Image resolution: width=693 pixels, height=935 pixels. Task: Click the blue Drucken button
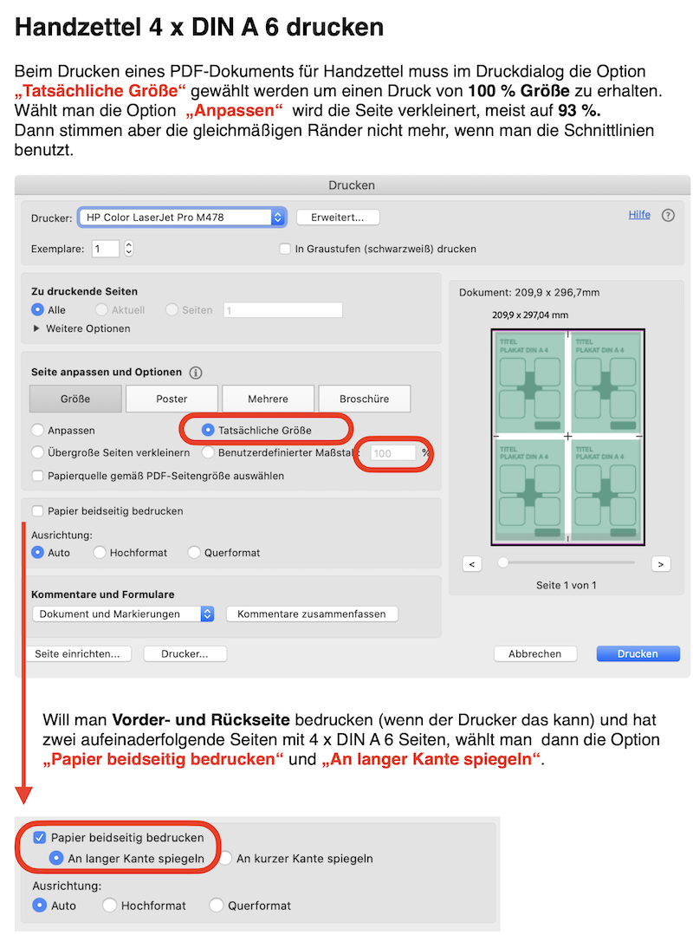(638, 653)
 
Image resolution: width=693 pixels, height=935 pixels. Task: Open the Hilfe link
(639, 215)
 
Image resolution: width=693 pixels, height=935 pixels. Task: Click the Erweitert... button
(338, 218)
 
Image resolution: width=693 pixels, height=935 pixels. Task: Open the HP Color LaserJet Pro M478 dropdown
(181, 218)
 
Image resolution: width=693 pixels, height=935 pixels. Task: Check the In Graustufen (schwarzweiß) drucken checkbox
(285, 249)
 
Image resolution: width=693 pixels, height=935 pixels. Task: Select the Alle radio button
(37, 309)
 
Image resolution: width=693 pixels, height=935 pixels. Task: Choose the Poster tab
(172, 399)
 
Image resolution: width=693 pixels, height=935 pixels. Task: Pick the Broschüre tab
(364, 399)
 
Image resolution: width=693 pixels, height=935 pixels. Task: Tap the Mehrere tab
(268, 399)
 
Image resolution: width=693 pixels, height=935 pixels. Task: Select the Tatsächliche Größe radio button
(207, 430)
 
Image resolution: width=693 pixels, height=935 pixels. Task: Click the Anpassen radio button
(37, 430)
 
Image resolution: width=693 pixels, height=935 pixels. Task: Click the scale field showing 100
(392, 452)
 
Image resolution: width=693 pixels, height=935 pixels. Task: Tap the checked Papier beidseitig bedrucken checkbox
(39, 838)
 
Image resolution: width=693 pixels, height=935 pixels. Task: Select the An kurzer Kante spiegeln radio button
(225, 859)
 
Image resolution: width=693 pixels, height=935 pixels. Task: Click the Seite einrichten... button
(78, 653)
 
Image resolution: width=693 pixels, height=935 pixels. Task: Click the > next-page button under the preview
(661, 564)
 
